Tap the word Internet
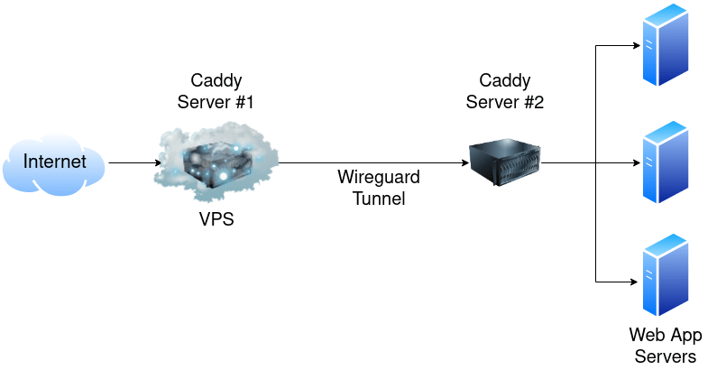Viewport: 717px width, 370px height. coord(55,162)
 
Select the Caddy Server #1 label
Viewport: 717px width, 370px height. coord(216,91)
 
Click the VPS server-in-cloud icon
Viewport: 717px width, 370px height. coord(216,162)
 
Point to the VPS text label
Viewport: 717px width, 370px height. coord(216,218)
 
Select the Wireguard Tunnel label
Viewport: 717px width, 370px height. coord(371,187)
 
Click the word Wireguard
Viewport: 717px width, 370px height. coord(371,176)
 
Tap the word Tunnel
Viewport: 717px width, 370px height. coord(371,199)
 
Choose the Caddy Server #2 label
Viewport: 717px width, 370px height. coord(505,91)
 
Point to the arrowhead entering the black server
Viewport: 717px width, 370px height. coord(464,163)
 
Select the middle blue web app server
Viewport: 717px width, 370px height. coord(666,163)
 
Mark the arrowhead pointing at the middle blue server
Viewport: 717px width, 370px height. coord(635,163)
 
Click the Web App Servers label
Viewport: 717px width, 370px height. coord(666,346)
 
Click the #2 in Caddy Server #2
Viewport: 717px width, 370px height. coord(533,102)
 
